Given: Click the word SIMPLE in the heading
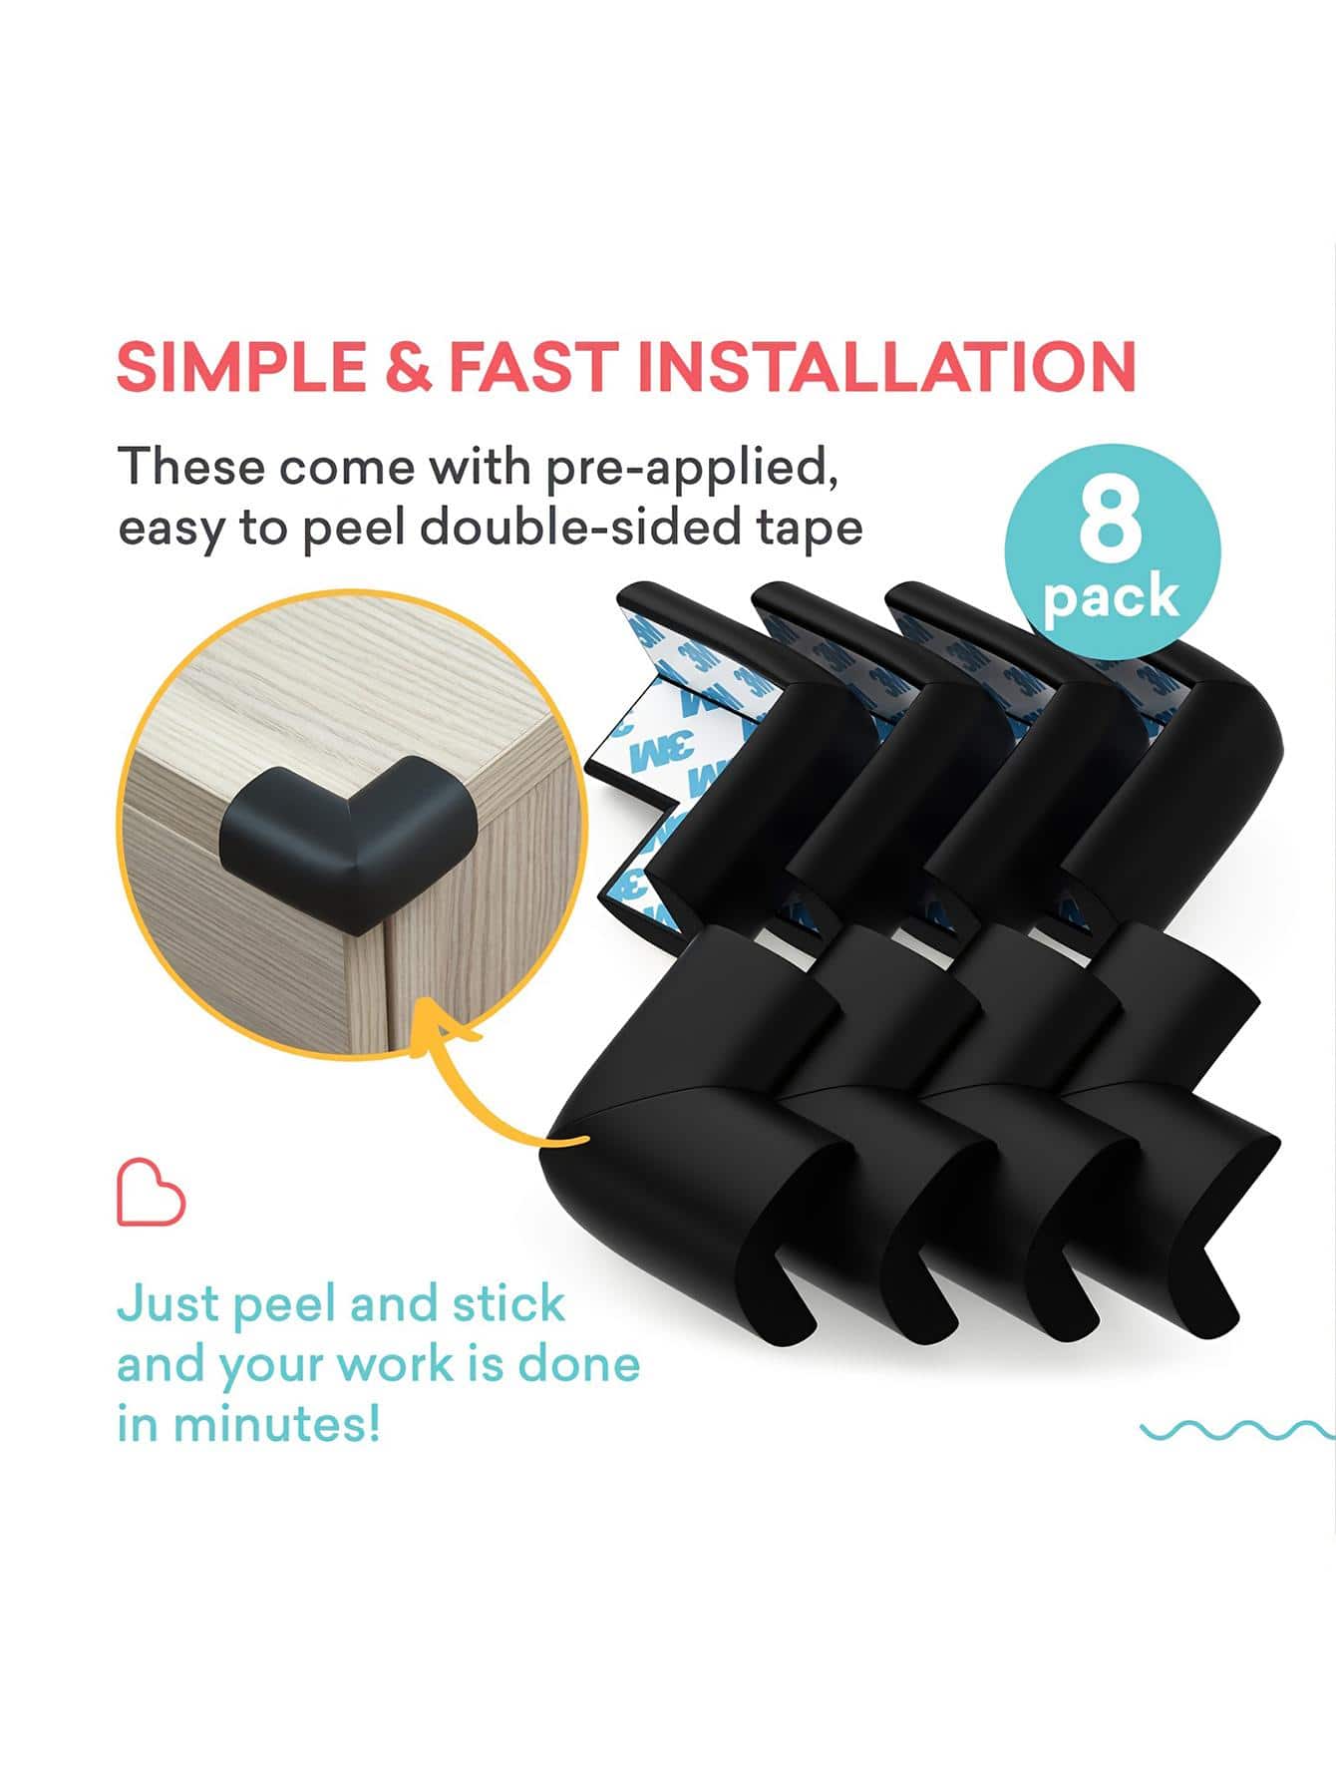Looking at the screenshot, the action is tap(240, 366).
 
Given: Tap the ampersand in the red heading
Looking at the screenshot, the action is tap(408, 366).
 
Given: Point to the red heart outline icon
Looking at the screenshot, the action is tap(152, 1192).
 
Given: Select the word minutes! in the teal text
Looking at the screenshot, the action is tap(276, 1423).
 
